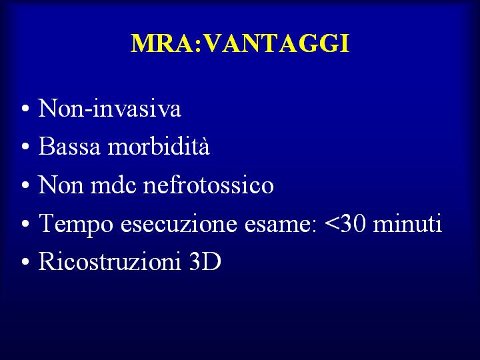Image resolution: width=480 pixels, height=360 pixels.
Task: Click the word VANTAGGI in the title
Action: [277, 43]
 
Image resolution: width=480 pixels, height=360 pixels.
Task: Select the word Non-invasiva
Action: [109, 108]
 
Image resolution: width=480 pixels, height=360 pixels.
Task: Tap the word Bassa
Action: [69, 146]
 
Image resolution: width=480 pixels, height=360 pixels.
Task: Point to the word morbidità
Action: [159, 145]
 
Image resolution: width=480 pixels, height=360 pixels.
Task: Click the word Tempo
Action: [76, 224]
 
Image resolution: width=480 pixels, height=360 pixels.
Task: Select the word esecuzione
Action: [179, 223]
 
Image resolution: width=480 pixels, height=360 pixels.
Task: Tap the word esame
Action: [281, 224]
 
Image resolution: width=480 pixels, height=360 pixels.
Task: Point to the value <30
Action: [345, 223]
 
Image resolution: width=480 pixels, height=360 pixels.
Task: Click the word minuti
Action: [407, 223]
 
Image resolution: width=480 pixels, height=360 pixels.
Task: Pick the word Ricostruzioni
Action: [109, 261]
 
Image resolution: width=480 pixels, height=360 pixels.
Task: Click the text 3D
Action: [205, 261]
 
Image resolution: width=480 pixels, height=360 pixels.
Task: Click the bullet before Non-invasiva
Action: [26, 109]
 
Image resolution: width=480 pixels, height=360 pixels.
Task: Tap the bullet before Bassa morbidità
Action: [26, 147]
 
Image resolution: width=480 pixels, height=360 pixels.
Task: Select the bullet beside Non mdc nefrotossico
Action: [26, 185]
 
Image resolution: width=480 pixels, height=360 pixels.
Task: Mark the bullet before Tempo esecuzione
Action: [26, 224]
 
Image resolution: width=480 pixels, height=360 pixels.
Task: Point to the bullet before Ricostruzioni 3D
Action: [26, 262]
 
